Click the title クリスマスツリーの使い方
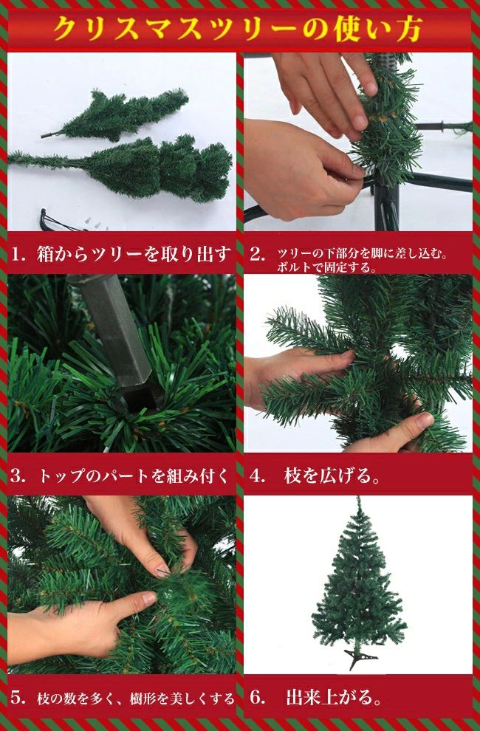(x=239, y=29)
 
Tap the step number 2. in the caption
(x=258, y=255)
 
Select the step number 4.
(x=258, y=476)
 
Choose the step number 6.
(x=258, y=698)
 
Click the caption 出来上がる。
(x=335, y=698)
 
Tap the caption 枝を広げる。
(x=332, y=476)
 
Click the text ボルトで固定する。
(x=326, y=267)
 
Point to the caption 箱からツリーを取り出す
(x=134, y=255)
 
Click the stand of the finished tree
(x=360, y=659)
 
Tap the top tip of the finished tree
(x=358, y=498)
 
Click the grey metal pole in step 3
(x=112, y=326)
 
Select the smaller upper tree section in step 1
(x=116, y=115)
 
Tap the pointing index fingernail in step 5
(x=162, y=571)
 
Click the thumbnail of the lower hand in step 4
(x=425, y=421)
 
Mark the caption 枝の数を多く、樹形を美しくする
(x=136, y=699)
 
